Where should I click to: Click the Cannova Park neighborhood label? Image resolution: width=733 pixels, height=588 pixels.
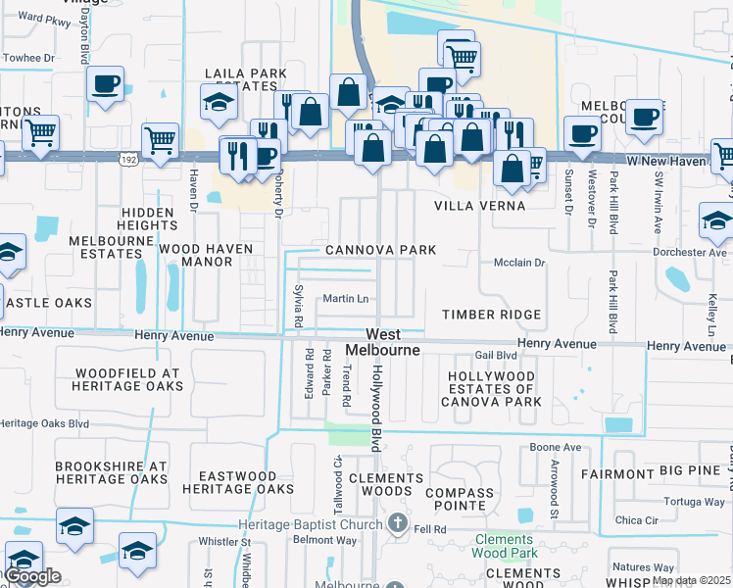381,250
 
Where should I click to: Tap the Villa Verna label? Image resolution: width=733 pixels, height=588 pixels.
480,207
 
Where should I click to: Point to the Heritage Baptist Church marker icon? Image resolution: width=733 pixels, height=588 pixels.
398,521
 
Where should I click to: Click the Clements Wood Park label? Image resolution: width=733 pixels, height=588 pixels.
504,546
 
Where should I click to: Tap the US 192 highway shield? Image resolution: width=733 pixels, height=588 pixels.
128,158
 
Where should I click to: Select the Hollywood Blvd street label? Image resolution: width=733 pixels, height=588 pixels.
376,407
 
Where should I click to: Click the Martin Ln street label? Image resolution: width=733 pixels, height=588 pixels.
346,299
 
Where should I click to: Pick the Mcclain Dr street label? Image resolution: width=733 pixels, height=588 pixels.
519,263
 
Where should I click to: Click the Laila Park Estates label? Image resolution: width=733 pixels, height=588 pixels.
245,79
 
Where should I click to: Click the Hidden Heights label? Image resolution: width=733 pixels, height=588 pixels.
149,219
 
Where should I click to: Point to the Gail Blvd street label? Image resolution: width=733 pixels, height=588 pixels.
495,356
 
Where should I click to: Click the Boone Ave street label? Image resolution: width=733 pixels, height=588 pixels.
556,448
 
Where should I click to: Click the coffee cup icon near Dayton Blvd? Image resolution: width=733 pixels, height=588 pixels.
104,83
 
